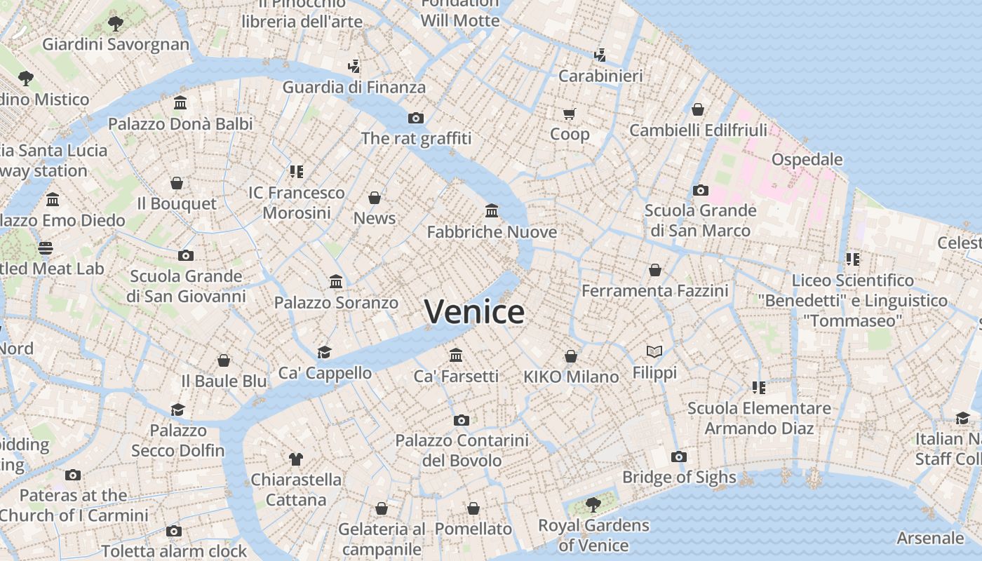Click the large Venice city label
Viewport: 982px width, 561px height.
click(x=474, y=312)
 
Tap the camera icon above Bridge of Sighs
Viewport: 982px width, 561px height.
click(x=678, y=457)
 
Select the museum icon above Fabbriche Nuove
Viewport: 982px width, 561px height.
click(x=492, y=210)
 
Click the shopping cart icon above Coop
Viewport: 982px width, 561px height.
click(x=569, y=114)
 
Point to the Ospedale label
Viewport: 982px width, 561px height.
click(x=807, y=160)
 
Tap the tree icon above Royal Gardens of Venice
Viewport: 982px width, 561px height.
click(x=593, y=504)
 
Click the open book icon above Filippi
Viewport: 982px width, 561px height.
click(x=654, y=351)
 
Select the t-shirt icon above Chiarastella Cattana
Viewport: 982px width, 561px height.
click(x=296, y=459)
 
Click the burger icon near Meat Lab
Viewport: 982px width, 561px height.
click(x=46, y=248)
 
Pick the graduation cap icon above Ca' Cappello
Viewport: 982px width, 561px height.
click(x=324, y=352)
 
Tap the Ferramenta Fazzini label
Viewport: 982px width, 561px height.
click(x=654, y=290)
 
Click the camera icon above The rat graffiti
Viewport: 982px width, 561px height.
click(x=416, y=118)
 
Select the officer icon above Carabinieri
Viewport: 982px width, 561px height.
click(x=600, y=55)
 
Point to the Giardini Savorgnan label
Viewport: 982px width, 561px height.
click(x=116, y=45)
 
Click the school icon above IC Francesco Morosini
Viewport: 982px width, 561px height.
click(x=296, y=172)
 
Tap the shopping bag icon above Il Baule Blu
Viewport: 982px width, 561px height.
click(x=224, y=360)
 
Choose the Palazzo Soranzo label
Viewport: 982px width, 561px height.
click(x=336, y=303)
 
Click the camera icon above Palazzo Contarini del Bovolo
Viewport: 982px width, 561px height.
click(x=461, y=421)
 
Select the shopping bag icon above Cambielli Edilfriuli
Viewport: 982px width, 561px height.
click(x=698, y=109)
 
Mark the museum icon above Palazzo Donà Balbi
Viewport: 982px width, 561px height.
click(x=180, y=103)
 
